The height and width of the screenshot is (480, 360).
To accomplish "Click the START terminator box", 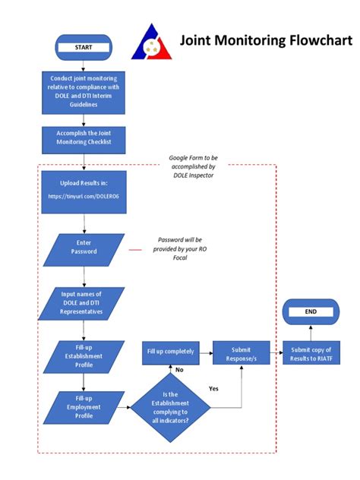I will pyautogui.click(x=84, y=47).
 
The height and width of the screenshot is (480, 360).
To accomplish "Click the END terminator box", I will pyautogui.click(x=310, y=311).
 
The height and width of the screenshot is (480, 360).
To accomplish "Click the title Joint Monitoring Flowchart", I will pyautogui.click(x=266, y=39).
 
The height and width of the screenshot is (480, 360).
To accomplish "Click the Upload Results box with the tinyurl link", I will pyautogui.click(x=84, y=190).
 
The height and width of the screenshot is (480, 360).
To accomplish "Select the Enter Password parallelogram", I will pyautogui.click(x=84, y=247).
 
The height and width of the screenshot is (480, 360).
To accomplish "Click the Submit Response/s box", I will pyautogui.click(x=241, y=352).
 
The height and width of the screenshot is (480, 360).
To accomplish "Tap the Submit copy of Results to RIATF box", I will pyautogui.click(x=310, y=354).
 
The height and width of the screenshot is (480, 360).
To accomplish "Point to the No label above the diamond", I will pyautogui.click(x=180, y=370).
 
